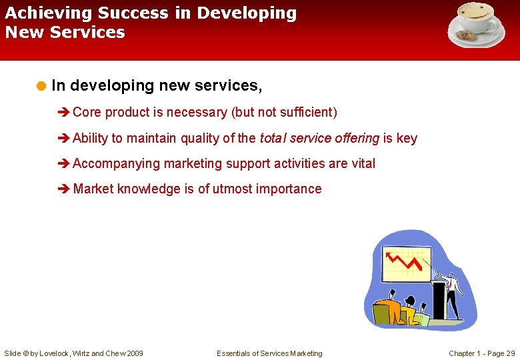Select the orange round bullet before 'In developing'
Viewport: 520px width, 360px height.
(41, 86)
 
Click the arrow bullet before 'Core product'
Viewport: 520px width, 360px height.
(64, 113)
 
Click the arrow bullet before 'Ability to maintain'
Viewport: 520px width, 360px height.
(64, 139)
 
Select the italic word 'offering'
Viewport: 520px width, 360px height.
(357, 138)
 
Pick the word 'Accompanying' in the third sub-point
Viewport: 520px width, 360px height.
(117, 163)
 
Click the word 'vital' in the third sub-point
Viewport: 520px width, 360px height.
(362, 163)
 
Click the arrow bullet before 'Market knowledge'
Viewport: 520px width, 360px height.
(64, 189)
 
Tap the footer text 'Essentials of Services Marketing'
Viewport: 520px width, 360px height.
(269, 353)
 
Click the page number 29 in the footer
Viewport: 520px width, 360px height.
(510, 353)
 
